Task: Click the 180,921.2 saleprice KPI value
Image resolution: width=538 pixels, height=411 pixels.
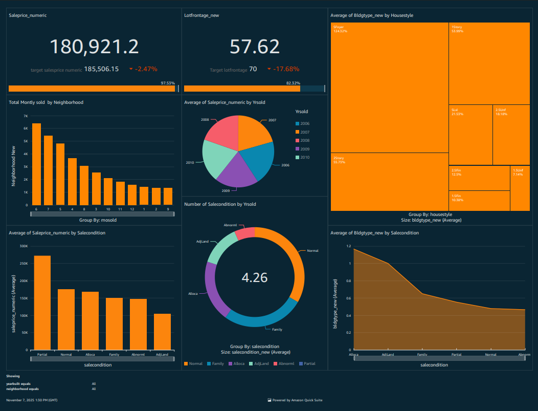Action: [94, 47]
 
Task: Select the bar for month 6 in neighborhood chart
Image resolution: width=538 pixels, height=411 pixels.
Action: [36, 164]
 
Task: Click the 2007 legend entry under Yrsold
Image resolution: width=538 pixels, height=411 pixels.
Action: [305, 132]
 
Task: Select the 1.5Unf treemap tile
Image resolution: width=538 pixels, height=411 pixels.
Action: [520, 188]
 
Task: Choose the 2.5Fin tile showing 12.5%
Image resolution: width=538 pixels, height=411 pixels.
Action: [479, 178]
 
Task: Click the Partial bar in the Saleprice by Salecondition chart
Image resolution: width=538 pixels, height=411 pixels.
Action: [42, 302]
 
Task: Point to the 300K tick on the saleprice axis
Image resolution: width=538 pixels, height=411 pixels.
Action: [24, 246]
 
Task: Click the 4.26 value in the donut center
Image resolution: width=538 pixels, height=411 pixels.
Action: [254, 277]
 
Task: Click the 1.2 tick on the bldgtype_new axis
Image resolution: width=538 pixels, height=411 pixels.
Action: [348, 246]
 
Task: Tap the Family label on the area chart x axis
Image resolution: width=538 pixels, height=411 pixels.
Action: [422, 354]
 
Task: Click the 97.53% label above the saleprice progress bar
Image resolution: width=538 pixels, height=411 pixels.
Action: [167, 83]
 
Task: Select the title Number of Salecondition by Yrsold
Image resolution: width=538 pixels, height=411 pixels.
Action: [220, 204]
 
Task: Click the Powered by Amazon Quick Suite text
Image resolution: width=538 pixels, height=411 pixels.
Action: [297, 400]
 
